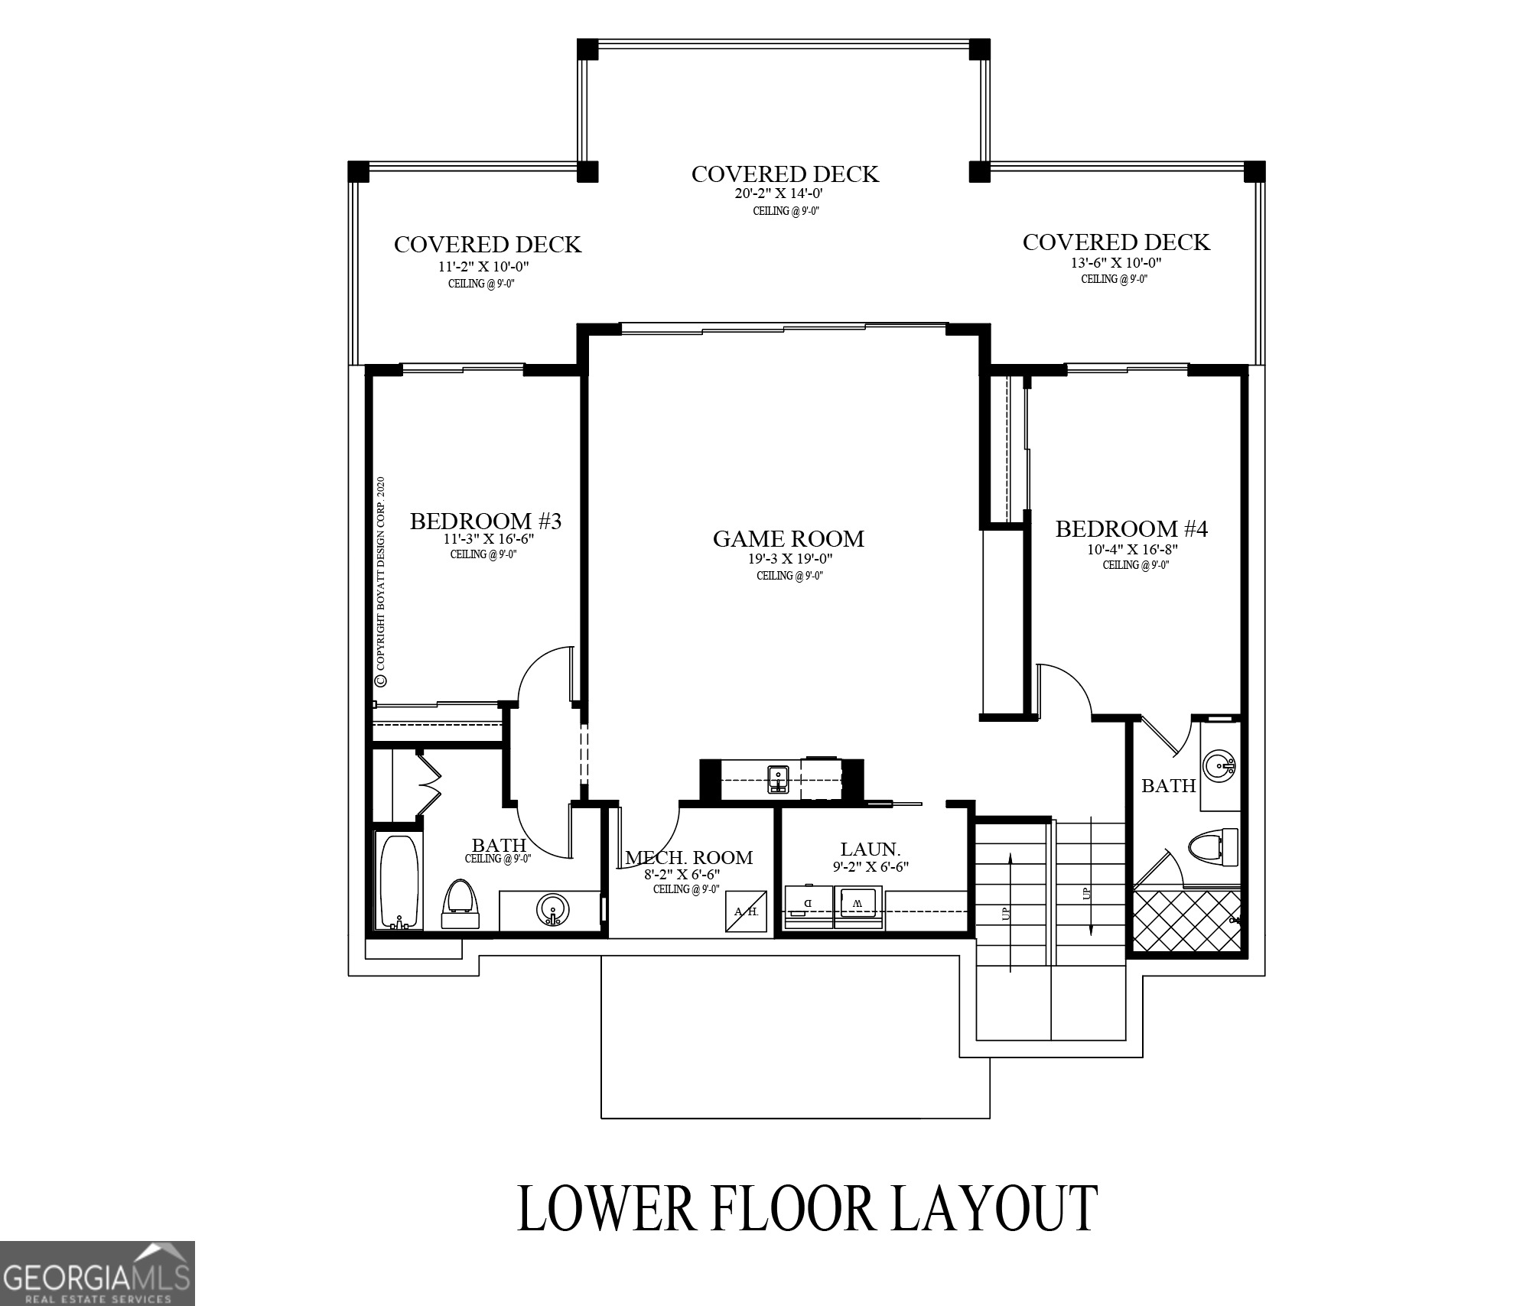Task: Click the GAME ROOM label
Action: coord(788,539)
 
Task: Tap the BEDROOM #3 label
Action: coord(486,521)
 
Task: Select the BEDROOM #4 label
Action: coord(1131,529)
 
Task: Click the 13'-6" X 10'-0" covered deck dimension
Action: coord(1115,263)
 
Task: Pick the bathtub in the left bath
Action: coord(398,882)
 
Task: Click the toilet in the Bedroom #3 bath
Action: coord(461,904)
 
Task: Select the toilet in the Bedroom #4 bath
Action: coord(1213,848)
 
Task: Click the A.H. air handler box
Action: coord(746,911)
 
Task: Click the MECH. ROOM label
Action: coord(688,858)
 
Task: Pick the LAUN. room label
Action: coord(870,849)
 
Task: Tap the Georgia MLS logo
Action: coord(97,1274)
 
